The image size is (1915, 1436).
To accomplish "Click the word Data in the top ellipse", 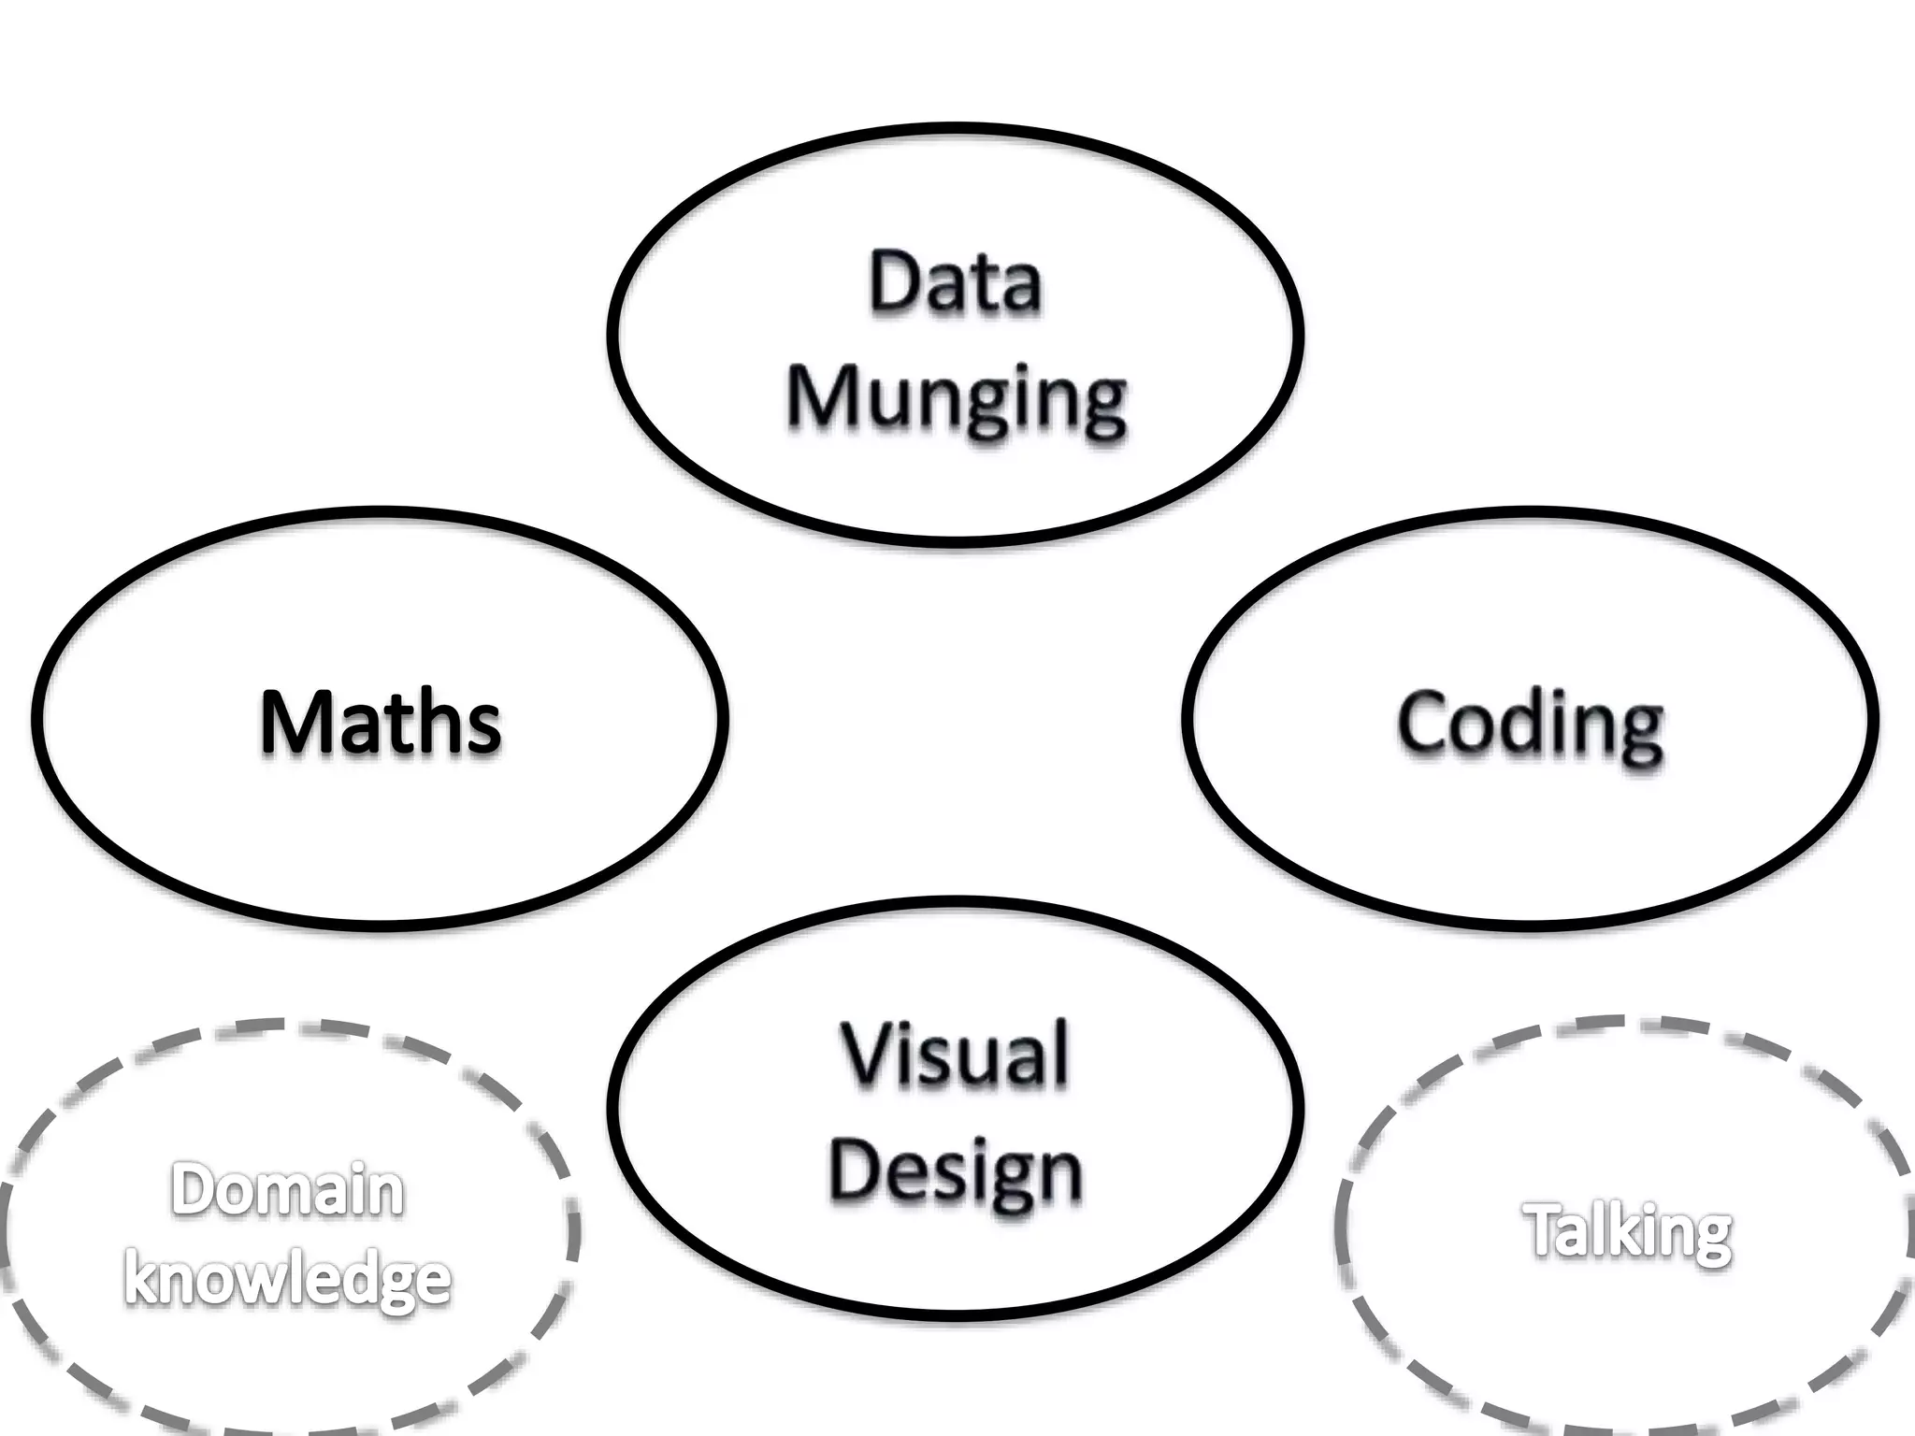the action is (955, 281).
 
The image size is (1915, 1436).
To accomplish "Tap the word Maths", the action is (381, 722).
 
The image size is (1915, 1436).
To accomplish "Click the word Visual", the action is (955, 1055).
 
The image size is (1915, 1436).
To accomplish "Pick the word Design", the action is (955, 1173).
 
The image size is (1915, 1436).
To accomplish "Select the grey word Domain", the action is (287, 1190).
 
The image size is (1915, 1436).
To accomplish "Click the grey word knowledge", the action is (287, 1278).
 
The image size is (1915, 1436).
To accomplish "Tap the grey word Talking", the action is (1628, 1232).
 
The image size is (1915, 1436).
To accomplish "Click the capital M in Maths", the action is (295, 722).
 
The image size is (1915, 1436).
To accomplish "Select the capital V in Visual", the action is (868, 1055).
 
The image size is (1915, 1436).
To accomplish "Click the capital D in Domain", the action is (192, 1190).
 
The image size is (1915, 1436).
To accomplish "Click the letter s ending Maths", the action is (484, 730).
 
